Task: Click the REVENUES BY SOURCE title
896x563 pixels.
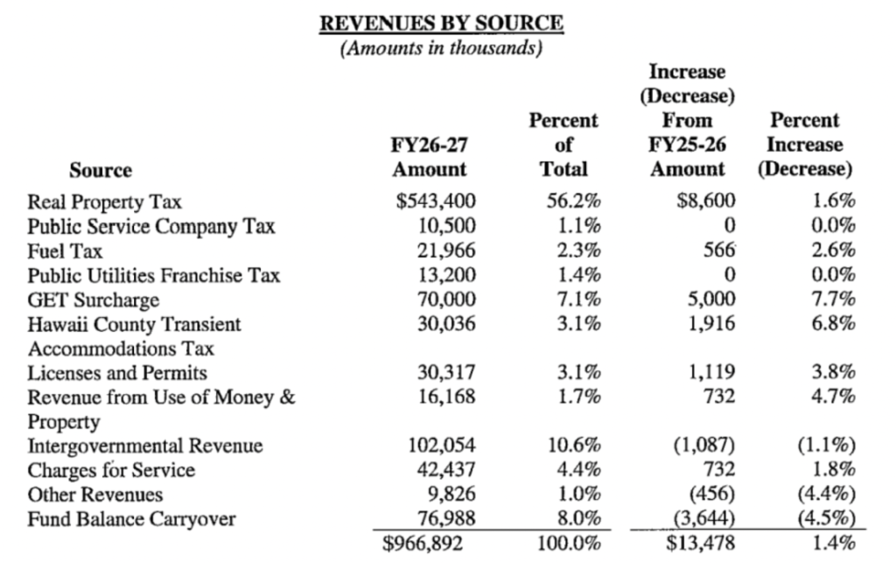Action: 441,24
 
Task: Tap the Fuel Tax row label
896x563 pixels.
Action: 66,251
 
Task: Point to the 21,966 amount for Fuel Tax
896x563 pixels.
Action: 446,251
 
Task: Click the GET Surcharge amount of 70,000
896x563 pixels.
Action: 446,300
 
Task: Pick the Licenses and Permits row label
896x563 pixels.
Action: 117,374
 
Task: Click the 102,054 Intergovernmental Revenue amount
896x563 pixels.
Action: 442,447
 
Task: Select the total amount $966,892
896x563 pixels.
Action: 430,544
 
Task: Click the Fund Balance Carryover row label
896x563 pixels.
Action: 131,519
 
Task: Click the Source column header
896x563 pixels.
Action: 101,170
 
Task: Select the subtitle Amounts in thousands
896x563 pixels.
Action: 441,48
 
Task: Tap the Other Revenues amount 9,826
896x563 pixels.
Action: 451,495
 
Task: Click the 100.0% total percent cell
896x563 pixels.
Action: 568,544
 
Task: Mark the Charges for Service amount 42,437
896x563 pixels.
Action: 446,470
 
